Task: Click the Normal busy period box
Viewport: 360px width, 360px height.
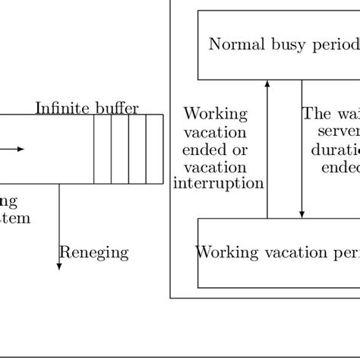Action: coord(278,44)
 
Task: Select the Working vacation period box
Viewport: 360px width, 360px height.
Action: coord(278,253)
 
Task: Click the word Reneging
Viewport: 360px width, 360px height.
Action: coord(93,253)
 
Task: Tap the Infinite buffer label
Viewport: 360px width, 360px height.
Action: coord(87,108)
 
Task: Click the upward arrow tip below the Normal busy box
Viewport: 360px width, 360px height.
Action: coord(267,83)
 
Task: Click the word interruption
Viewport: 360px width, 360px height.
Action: coord(219,183)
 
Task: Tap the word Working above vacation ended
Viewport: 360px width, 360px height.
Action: coord(216,115)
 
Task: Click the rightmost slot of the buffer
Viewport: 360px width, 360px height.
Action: coord(155,149)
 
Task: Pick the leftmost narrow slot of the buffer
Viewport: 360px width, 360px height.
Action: coord(103,149)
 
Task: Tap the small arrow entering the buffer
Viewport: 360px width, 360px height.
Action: coord(17,149)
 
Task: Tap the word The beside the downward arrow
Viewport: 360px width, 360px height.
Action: coord(316,115)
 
